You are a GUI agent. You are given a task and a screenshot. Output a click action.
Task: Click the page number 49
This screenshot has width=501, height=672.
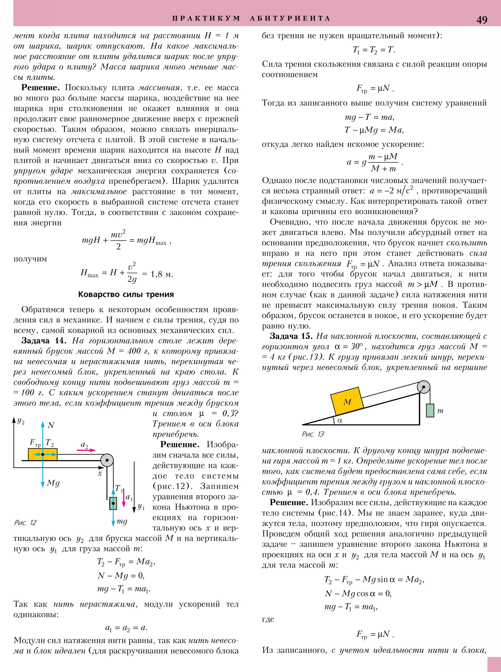pyautogui.click(x=482, y=20)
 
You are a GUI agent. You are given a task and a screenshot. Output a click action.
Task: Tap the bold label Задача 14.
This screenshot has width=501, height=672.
pyautogui.click(x=44, y=341)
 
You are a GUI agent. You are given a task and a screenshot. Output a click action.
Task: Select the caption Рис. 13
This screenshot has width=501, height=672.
pyautogui.click(x=313, y=434)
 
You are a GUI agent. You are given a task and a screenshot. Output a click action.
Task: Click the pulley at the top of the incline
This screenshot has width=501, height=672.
pyautogui.click(x=423, y=387)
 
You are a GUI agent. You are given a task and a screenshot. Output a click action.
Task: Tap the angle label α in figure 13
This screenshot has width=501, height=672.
pyautogui.click(x=340, y=420)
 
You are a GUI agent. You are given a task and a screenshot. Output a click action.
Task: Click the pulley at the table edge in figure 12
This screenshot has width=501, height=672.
pyautogui.click(x=107, y=460)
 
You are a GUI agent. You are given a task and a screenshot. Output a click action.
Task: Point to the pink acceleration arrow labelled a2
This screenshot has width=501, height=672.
pyautogui.click(x=86, y=450)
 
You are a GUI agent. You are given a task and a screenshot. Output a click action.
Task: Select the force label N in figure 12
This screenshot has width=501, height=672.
pyautogui.click(x=51, y=425)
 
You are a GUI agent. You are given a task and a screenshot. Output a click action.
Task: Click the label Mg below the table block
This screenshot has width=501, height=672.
pyautogui.click(x=53, y=483)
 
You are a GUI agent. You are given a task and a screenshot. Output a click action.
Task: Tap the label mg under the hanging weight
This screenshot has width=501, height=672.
pyautogui.click(x=122, y=521)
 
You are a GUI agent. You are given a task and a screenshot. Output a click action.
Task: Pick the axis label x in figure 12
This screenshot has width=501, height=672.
pyautogui.click(x=99, y=473)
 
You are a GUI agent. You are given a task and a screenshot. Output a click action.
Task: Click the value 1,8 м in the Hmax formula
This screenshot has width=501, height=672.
pyautogui.click(x=162, y=275)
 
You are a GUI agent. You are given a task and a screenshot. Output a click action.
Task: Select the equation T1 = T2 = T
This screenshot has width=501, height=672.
pyautogui.click(x=374, y=50)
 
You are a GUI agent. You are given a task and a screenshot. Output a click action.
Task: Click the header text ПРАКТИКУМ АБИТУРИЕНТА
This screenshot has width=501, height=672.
pyautogui.click(x=251, y=19)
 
